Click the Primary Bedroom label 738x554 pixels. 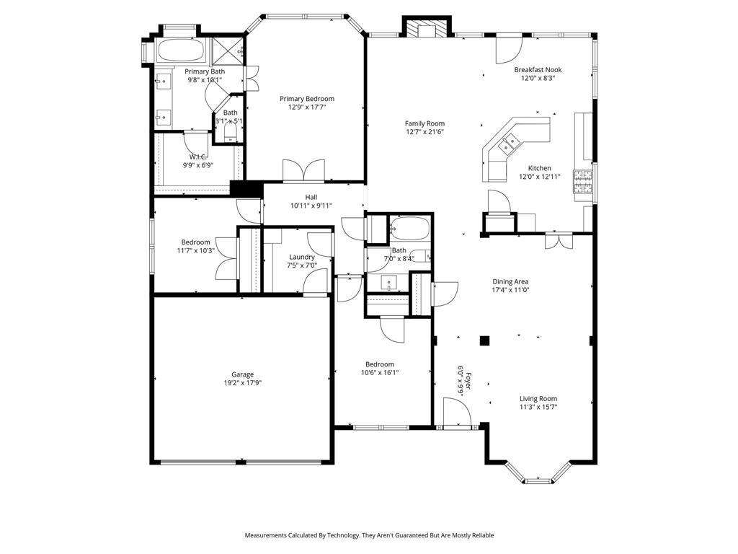(x=307, y=99)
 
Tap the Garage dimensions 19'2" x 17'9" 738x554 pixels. (x=242, y=383)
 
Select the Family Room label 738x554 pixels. (x=424, y=123)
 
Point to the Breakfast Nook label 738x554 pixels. (x=538, y=70)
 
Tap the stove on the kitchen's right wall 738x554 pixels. (x=584, y=183)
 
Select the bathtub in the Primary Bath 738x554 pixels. (x=181, y=50)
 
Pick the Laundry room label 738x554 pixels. (x=302, y=257)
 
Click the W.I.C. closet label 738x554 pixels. (x=198, y=157)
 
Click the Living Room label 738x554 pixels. (x=538, y=398)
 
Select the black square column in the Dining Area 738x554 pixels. (x=485, y=340)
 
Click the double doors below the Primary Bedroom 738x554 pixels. (x=304, y=172)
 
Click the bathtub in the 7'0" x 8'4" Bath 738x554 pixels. (x=409, y=229)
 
